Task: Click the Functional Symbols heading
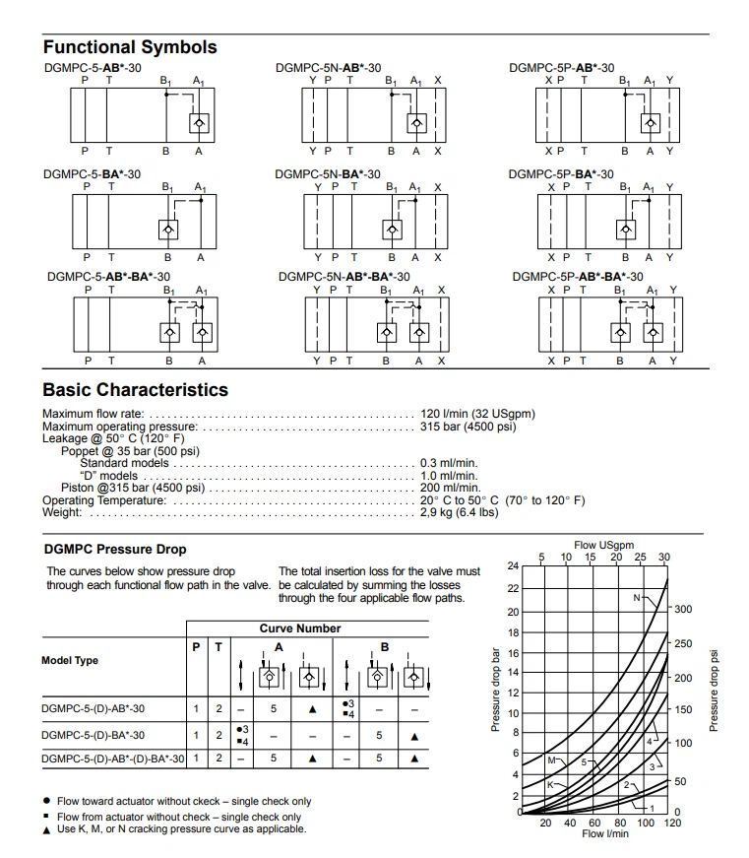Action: click(130, 47)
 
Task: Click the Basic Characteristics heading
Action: click(135, 390)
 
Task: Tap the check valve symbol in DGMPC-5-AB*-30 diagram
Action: click(199, 123)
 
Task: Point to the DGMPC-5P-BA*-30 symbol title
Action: click(561, 174)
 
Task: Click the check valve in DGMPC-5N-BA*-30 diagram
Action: click(392, 230)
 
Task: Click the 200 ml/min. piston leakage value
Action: click(450, 488)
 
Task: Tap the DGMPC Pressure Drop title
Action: click(115, 549)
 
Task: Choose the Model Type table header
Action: click(70, 660)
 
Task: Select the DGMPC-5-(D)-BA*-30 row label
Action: click(94, 735)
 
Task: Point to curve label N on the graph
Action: click(637, 598)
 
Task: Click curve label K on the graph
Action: click(550, 784)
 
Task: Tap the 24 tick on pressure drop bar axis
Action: click(512, 565)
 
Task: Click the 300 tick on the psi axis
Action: click(683, 610)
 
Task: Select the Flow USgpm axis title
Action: click(603, 545)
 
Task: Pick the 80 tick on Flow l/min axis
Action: click(619, 824)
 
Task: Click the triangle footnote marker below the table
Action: click(46, 829)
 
